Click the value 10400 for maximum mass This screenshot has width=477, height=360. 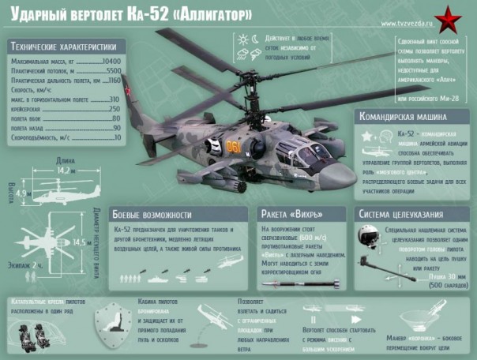tap(111, 60)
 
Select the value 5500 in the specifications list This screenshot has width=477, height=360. tap(113, 70)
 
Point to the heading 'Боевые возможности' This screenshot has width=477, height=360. tap(152, 214)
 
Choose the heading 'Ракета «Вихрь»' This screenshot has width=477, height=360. tap(295, 214)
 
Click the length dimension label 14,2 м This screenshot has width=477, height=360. tap(66, 170)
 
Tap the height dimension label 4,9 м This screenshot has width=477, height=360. tap(21, 193)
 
